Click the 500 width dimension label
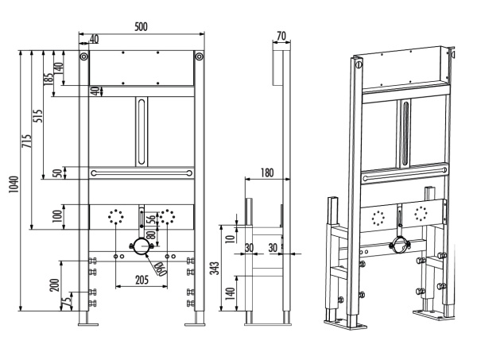(x=141, y=27)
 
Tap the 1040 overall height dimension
(x=14, y=184)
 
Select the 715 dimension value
(x=26, y=141)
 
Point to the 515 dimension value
(x=37, y=116)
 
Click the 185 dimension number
(x=48, y=78)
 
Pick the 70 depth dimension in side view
(x=281, y=37)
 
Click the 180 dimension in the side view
(x=267, y=172)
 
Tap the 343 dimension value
(x=215, y=268)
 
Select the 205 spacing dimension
(x=142, y=280)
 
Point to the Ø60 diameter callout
(x=161, y=269)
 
